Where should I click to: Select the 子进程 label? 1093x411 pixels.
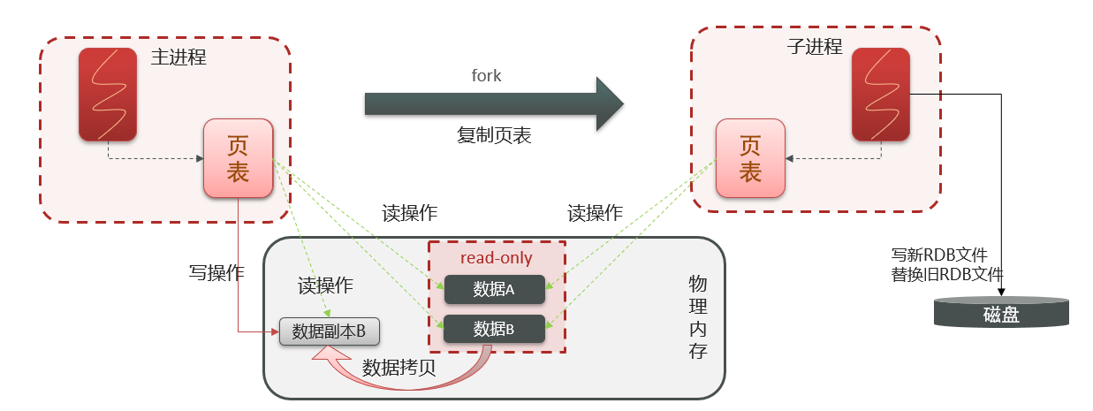click(814, 47)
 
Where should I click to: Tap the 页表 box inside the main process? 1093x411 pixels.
click(238, 158)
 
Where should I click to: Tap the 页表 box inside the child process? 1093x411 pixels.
click(749, 158)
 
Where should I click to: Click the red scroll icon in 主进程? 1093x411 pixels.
click(108, 95)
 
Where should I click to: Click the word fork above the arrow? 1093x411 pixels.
click(486, 76)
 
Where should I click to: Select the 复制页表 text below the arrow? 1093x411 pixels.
click(494, 136)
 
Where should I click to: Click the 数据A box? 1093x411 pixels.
click(494, 289)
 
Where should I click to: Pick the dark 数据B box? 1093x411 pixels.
click(494, 329)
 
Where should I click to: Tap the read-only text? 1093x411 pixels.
click(497, 258)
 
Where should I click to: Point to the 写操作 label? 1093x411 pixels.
click(216, 271)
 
